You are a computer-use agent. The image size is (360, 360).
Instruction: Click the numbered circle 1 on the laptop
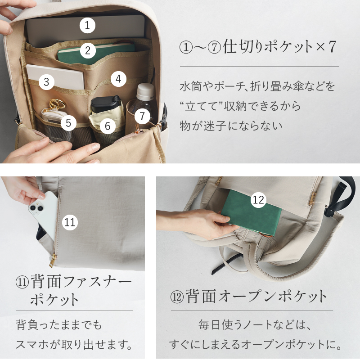88,25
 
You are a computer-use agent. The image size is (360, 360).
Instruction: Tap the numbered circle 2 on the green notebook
88,50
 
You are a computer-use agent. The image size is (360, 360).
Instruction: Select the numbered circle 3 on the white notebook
46,82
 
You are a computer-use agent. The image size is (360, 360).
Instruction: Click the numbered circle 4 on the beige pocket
118,79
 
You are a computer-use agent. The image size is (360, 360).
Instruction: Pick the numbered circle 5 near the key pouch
68,122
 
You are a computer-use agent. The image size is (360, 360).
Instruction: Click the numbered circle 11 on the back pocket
70,222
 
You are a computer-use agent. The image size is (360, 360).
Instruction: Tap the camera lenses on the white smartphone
36,207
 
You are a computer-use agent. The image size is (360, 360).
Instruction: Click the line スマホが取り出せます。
74,345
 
